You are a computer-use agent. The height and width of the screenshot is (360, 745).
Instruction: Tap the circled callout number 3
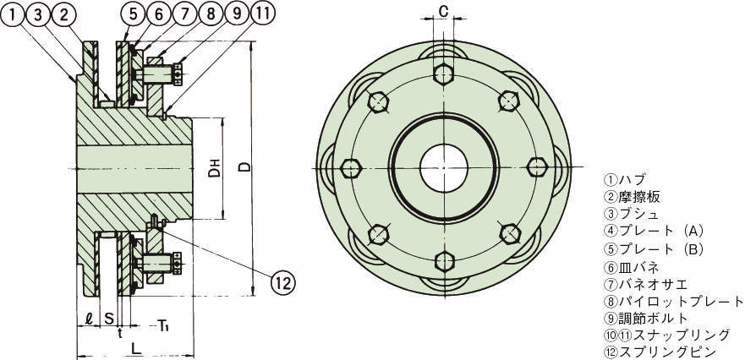coord(39,15)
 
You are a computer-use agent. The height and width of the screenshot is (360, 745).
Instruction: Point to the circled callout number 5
coord(133,14)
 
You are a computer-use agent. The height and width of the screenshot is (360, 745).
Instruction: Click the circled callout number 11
coord(263,14)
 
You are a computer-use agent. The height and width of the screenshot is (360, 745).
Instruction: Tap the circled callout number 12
coord(283,284)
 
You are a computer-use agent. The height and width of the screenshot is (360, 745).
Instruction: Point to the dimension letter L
coord(136,349)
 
